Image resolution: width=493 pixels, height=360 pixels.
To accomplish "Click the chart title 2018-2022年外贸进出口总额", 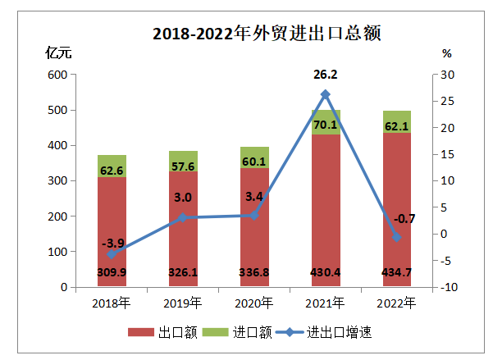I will pos(245,34).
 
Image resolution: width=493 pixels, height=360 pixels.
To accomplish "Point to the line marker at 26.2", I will pos(326,94).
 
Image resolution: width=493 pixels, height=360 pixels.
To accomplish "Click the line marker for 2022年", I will pos(397,237).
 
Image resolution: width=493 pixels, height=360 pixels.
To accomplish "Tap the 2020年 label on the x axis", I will pos(254,303).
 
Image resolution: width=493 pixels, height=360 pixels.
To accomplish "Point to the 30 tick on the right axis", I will pos(446,75).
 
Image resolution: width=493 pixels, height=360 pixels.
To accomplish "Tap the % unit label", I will pos(446,53).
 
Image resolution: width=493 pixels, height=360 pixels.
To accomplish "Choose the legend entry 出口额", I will pos(159,332).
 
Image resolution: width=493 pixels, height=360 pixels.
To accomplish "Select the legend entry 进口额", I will pos(230,332).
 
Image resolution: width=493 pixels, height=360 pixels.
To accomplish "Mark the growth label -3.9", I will pos(112,243).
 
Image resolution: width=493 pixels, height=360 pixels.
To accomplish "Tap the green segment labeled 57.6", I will pos(183,166).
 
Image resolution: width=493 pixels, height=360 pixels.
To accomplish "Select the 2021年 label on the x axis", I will pos(326,303).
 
